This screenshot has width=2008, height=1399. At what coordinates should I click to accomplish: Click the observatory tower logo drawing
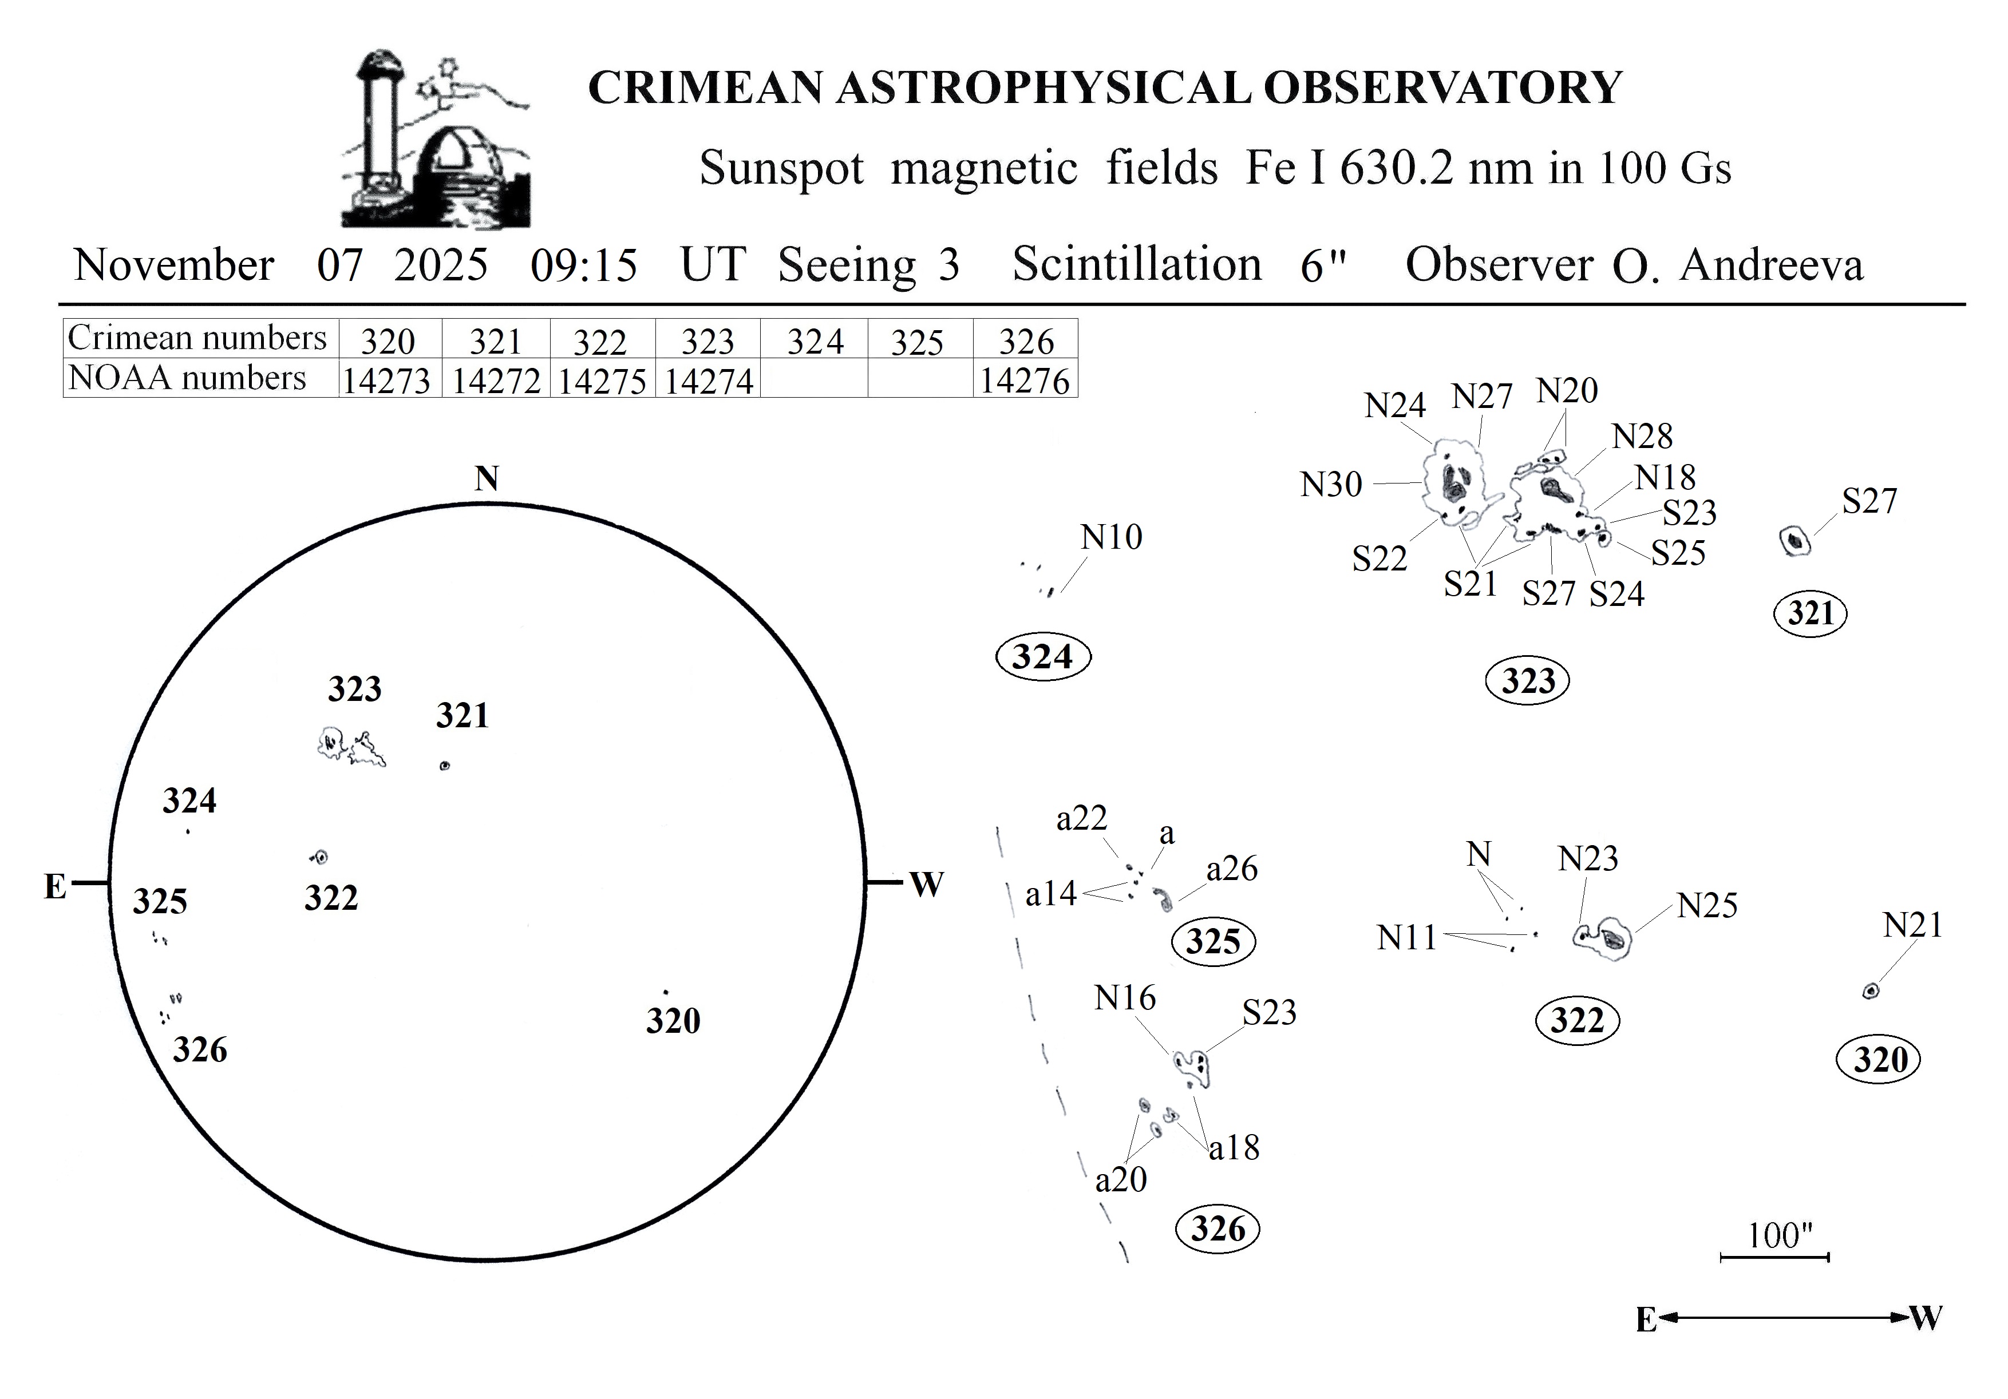pos(434,140)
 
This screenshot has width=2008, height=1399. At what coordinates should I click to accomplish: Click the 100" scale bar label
pos(1780,1235)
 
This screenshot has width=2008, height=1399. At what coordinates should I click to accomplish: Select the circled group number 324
pos(1042,657)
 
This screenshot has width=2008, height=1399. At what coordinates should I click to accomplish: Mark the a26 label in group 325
pos(1232,869)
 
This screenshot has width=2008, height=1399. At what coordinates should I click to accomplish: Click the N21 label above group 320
pos(1912,925)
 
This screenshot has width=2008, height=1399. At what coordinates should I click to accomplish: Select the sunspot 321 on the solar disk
pos(445,766)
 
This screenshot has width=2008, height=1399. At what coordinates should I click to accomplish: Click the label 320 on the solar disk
pos(673,1020)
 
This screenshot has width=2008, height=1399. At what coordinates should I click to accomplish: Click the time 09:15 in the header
pos(584,265)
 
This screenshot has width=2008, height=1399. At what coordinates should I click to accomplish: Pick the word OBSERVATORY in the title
pos(1443,88)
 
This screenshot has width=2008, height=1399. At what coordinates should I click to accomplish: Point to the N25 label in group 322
pos(1707,906)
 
